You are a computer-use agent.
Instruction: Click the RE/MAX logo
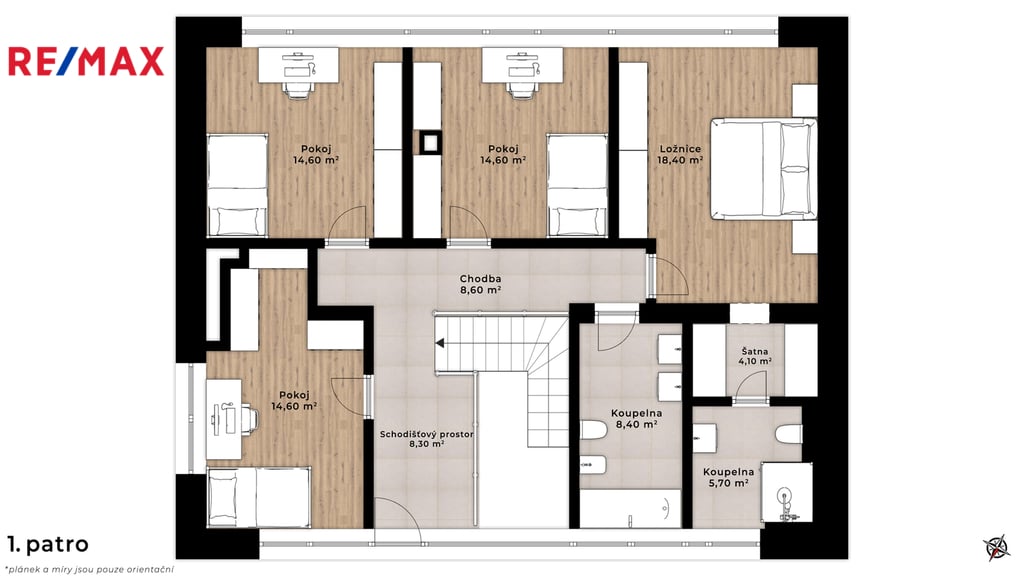(86, 61)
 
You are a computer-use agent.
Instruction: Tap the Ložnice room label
(680, 154)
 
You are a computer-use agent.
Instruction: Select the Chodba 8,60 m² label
(480, 285)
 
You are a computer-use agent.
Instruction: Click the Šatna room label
(755, 356)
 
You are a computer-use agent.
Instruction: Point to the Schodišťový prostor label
(426, 439)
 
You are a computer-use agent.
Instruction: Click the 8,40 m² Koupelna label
(636, 419)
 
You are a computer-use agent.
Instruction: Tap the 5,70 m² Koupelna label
(728, 477)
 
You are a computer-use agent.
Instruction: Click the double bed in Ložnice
(763, 168)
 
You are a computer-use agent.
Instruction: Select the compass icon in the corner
(997, 547)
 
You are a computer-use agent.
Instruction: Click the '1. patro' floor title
(48, 544)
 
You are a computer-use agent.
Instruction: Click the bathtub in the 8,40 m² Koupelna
(630, 509)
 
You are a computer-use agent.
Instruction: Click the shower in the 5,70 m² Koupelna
(787, 492)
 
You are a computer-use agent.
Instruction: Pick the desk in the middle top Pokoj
(522, 65)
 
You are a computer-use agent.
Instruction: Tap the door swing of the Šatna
(751, 384)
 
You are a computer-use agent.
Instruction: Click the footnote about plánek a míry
(90, 569)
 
